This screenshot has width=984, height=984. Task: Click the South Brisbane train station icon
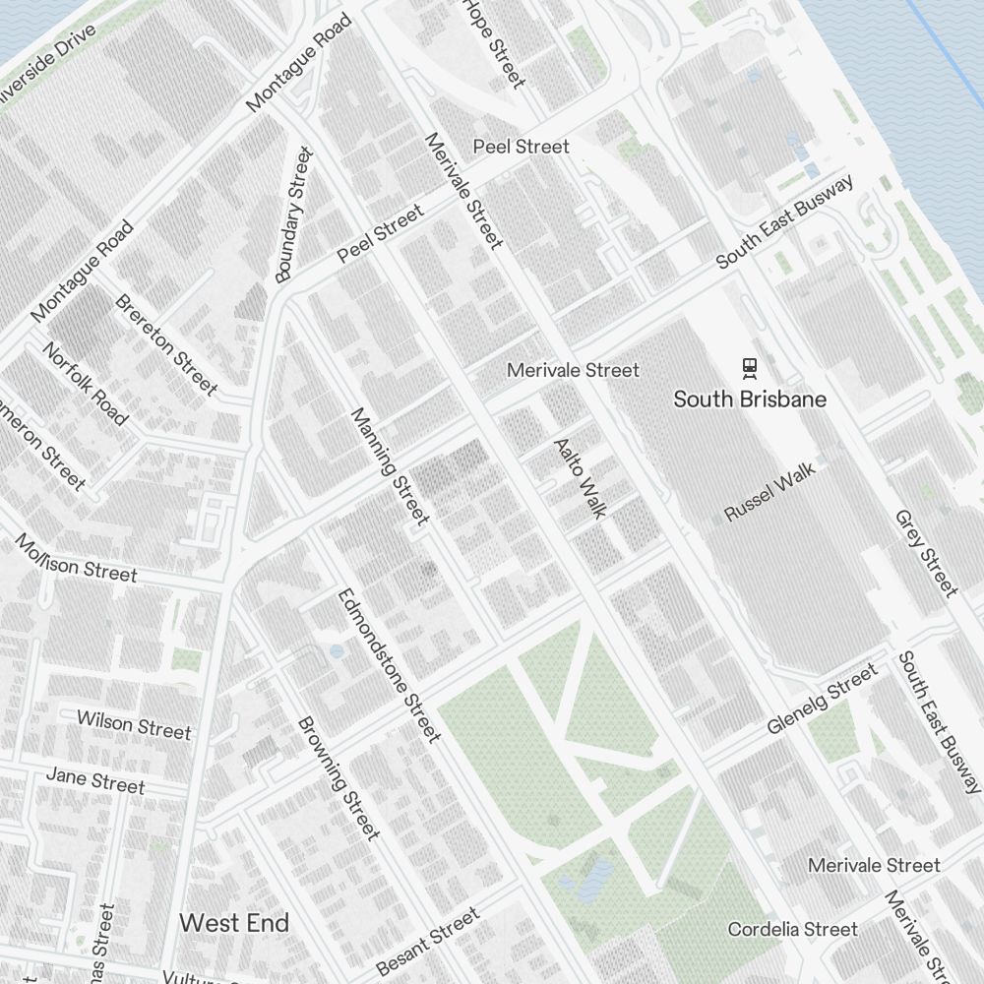(x=751, y=369)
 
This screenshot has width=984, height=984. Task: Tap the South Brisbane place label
(x=750, y=400)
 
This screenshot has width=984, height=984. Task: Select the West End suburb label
(x=234, y=922)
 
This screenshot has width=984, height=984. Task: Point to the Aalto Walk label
(x=581, y=477)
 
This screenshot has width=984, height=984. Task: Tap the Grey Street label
(x=926, y=553)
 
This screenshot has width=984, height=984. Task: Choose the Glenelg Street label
(x=822, y=699)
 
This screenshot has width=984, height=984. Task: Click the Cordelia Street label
(x=792, y=929)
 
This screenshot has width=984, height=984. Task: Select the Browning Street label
(x=338, y=778)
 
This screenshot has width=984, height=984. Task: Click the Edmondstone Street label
(x=388, y=664)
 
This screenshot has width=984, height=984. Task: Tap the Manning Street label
(x=391, y=465)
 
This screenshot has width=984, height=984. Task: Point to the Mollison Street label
(x=76, y=558)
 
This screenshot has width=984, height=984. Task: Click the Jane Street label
(x=95, y=780)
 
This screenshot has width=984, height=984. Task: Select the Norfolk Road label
(x=85, y=384)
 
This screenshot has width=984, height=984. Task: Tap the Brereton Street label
(x=166, y=343)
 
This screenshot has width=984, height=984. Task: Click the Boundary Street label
(x=293, y=215)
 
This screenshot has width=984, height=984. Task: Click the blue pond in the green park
(x=593, y=879)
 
